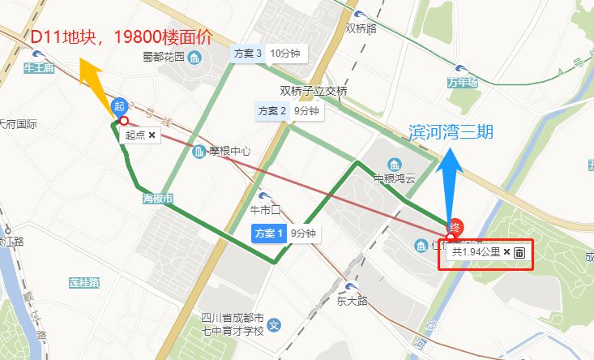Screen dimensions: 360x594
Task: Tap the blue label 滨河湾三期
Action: tap(452, 131)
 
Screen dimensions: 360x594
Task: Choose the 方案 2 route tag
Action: tap(273, 110)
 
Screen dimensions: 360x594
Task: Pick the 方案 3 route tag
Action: tap(248, 54)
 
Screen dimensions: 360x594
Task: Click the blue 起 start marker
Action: tap(119, 105)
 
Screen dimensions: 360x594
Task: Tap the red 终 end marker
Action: tap(455, 227)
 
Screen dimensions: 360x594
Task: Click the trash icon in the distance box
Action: tap(519, 252)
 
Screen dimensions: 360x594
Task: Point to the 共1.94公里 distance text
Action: tap(476, 252)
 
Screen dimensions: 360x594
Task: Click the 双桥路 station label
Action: tap(361, 28)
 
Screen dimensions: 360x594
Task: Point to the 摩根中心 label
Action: tap(230, 152)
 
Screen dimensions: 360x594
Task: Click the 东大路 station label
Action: tap(352, 299)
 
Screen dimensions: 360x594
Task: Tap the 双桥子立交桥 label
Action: tap(314, 91)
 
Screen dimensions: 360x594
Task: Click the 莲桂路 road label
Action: tap(83, 283)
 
